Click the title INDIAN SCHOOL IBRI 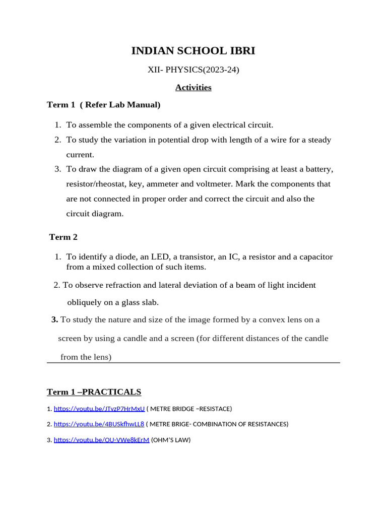(x=193, y=50)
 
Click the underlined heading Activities (x=193, y=88)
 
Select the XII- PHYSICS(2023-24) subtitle (x=193, y=70)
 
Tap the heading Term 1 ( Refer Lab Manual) (x=103, y=105)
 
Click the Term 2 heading (x=63, y=237)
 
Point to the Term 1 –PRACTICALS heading (x=94, y=392)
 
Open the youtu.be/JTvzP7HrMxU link (x=99, y=409)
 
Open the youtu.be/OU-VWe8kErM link (x=101, y=440)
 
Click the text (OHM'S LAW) (x=171, y=440)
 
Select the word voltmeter (x=215, y=184)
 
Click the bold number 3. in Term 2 (x=54, y=319)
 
